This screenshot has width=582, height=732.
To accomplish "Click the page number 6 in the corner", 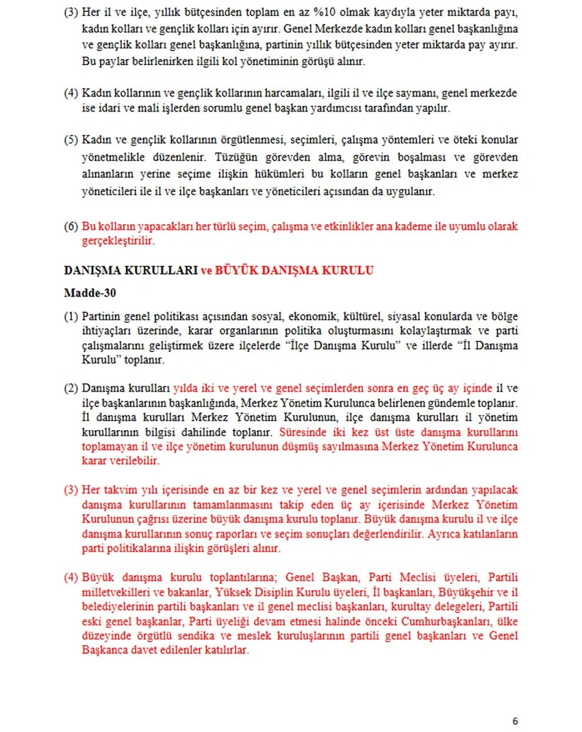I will tap(515, 720).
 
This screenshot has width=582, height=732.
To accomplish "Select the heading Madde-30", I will tap(90, 292).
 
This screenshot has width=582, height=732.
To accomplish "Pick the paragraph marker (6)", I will tap(71, 226).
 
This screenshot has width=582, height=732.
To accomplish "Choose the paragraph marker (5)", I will tap(71, 140).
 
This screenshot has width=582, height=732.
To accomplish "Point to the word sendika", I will tap(181, 636).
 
